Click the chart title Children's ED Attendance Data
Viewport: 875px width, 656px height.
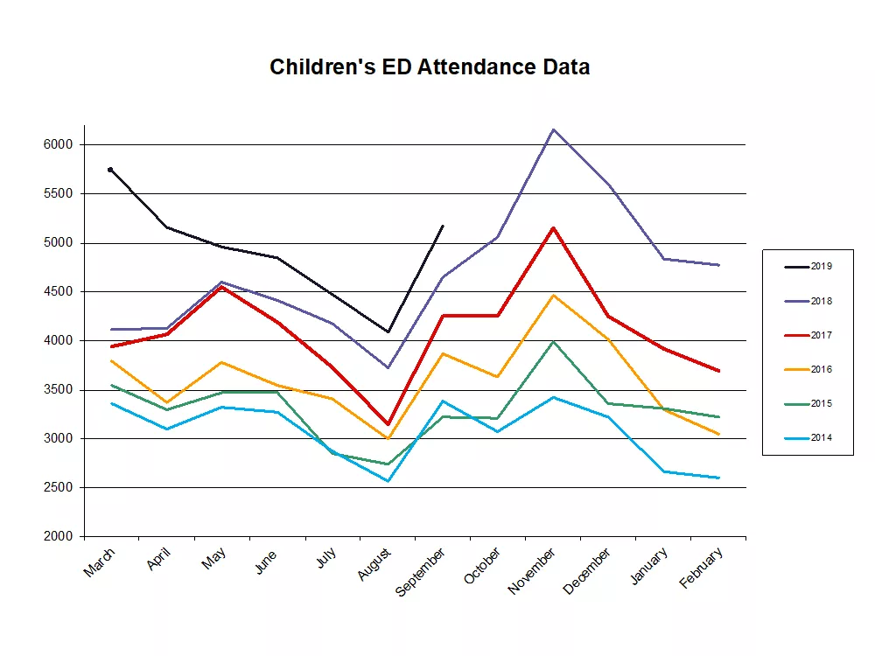pyautogui.click(x=430, y=67)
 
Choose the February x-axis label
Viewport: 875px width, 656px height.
pyautogui.click(x=703, y=569)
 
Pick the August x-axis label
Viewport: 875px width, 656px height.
pyautogui.click(x=374, y=565)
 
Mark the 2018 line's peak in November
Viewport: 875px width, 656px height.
pyautogui.click(x=553, y=129)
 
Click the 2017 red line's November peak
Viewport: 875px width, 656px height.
pyautogui.click(x=553, y=228)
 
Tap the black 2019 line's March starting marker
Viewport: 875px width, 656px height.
pyautogui.click(x=110, y=170)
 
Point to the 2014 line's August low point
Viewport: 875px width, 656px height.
pyautogui.click(x=388, y=481)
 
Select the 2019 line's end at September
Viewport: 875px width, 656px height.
pyautogui.click(x=443, y=226)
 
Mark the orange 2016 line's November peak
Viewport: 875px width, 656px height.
pyautogui.click(x=553, y=296)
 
